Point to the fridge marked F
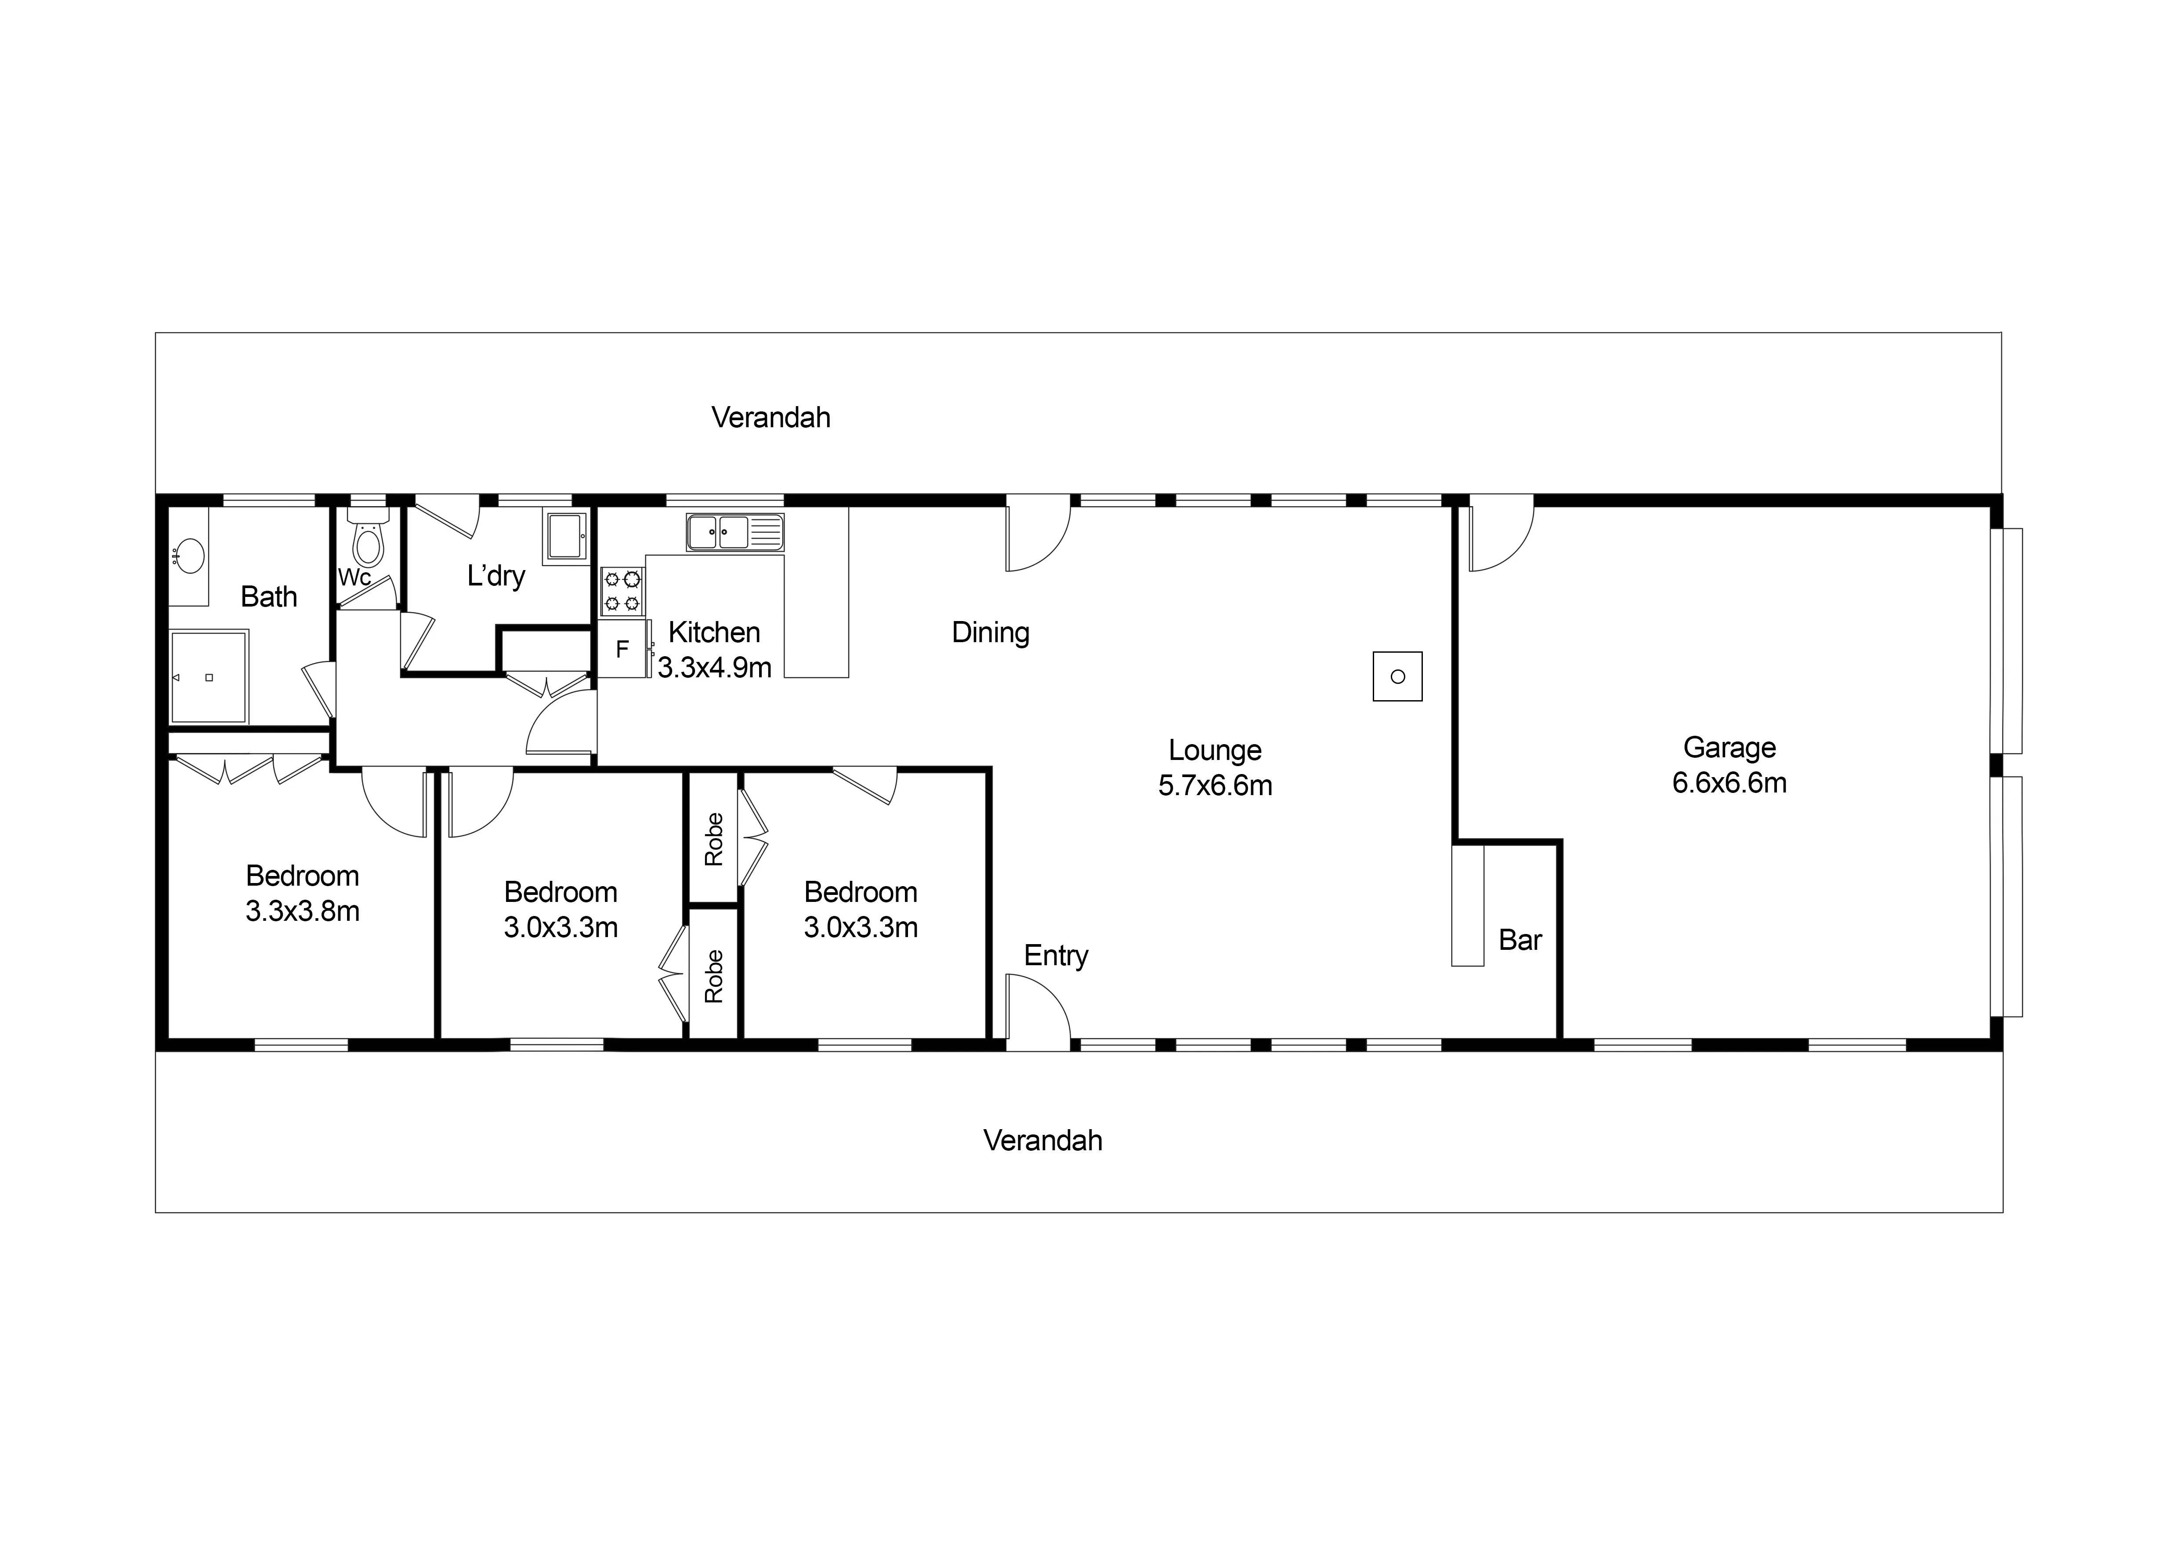[x=622, y=649]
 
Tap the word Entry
[x=1056, y=956]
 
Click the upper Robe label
[x=714, y=839]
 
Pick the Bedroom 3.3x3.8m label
[x=303, y=893]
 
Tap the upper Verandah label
[x=771, y=418]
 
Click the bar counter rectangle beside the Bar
[x=1468, y=905]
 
